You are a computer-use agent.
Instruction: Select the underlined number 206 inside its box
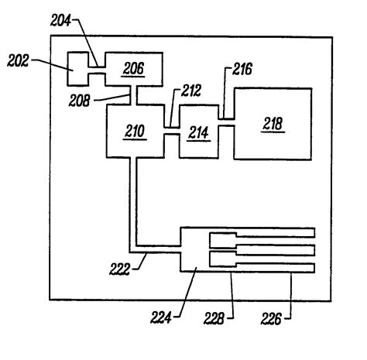click(x=134, y=68)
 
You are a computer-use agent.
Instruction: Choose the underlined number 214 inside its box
click(x=198, y=133)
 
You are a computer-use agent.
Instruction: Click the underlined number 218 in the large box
click(x=273, y=124)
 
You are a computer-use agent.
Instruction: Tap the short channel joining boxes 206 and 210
click(x=136, y=97)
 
